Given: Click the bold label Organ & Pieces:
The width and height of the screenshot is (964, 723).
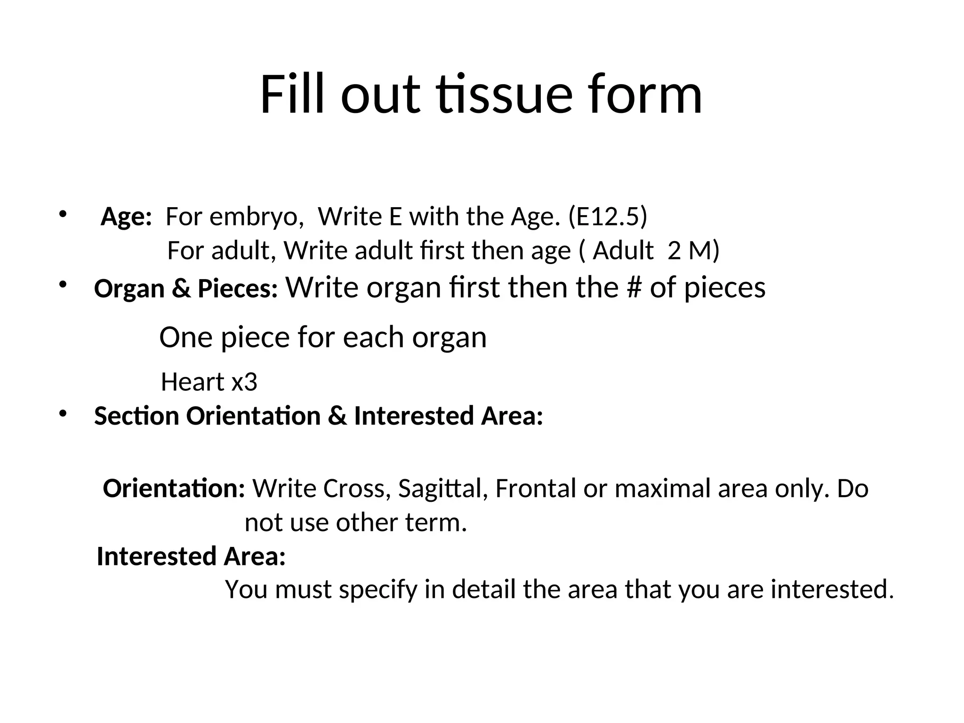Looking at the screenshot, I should point(186,289).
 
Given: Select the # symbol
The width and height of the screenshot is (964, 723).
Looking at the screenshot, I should point(635,287).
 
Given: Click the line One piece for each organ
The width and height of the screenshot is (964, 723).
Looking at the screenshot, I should point(323,337).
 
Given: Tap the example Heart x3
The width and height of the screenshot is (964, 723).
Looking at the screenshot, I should point(209,382).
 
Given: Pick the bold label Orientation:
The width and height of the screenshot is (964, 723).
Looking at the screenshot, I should point(174,488).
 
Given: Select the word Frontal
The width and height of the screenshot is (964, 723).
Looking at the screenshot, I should point(535,488).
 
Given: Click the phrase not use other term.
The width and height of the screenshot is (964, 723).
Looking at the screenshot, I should point(355,522).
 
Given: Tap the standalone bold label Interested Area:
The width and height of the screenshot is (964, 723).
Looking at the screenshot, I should point(191,556).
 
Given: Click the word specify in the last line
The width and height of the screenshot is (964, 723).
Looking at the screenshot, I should point(378,590).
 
